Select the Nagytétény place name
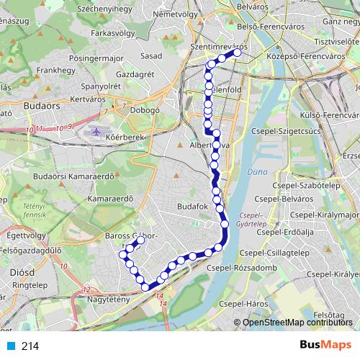108,299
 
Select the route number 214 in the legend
30,346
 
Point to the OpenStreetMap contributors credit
298,323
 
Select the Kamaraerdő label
112,198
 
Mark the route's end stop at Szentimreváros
237,52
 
